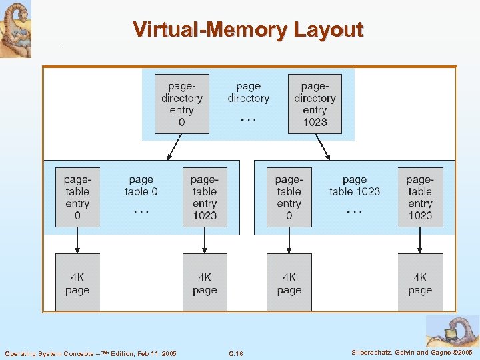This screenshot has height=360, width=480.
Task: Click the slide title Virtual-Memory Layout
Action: pos(247,30)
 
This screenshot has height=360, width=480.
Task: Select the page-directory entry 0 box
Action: pos(182,103)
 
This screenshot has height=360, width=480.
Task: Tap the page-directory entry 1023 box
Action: pos(315,103)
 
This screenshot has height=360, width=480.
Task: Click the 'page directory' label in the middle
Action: pos(248,92)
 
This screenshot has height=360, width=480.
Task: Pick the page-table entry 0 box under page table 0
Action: pos(77,197)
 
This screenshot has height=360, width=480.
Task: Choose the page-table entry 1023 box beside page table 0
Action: pos(205,197)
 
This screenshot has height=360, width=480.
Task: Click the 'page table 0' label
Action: pos(141,185)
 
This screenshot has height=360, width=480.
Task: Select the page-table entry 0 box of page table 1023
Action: pos(289,197)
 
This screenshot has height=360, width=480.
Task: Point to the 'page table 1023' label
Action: pos(355,185)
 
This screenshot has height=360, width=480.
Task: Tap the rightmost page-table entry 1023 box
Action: pos(420,197)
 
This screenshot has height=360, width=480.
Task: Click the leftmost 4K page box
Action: pos(77,283)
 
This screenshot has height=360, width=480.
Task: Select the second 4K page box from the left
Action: pos(205,283)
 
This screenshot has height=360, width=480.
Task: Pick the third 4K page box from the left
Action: pos(289,283)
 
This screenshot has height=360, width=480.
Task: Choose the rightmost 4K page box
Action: pos(420,283)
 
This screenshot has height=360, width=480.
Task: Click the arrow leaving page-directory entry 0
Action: pos(175,147)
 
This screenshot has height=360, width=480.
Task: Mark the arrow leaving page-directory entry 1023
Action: pos(321,147)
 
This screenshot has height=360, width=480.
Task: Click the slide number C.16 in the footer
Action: pos(236,353)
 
